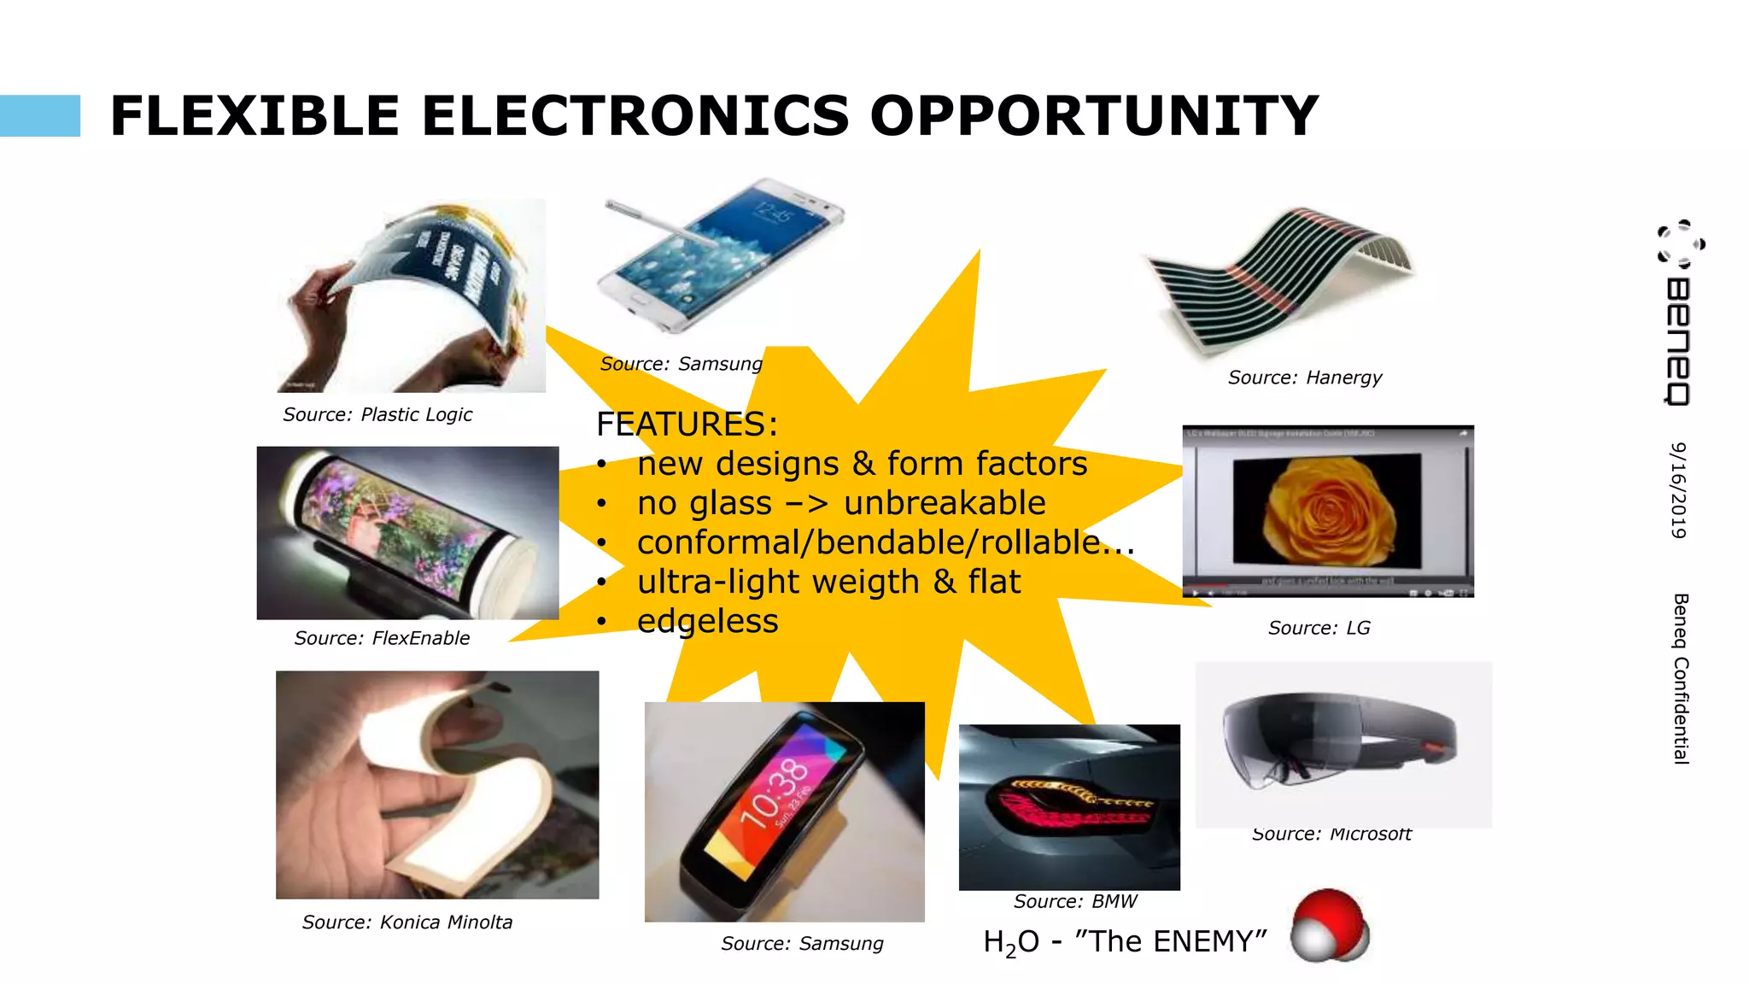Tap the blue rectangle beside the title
40,116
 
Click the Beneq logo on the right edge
1679,312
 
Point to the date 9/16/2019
1679,490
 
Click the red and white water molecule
1329,927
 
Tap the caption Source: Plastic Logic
377,415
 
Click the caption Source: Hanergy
1304,378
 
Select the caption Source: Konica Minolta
407,922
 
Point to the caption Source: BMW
1075,901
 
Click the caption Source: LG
1319,629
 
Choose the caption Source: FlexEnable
382,638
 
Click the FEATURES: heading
687,425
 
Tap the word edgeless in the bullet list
707,621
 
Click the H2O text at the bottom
1011,942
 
